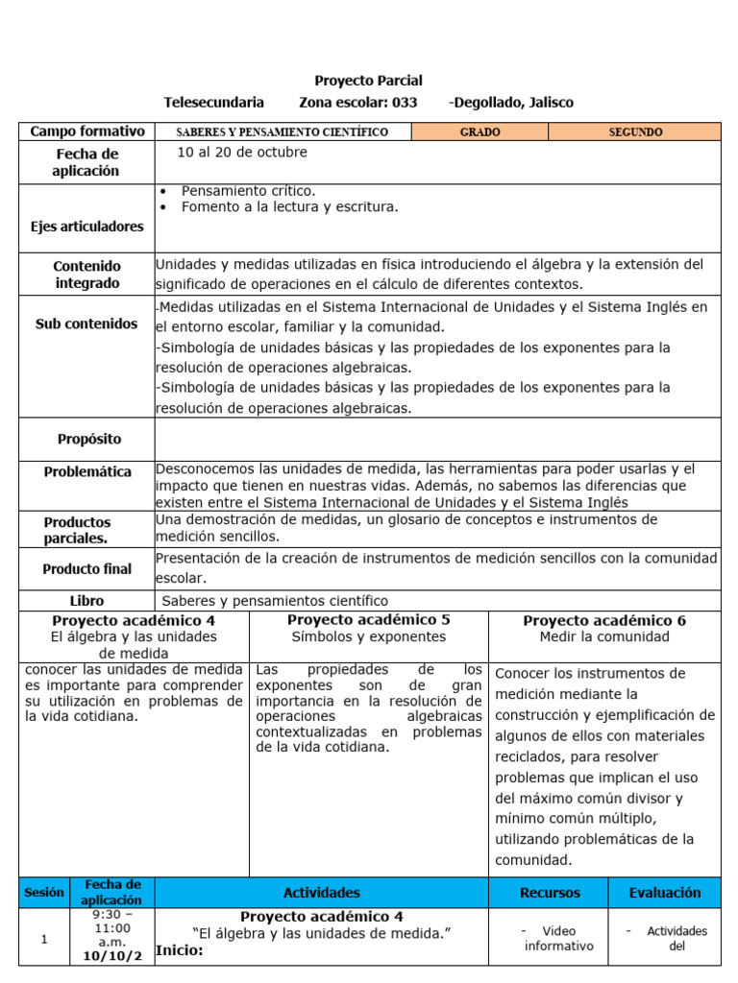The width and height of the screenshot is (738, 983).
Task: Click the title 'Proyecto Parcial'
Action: pos(368,81)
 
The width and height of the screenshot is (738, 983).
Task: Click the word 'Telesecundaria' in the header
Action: pos(213,103)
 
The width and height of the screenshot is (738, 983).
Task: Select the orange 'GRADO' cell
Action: pos(480,132)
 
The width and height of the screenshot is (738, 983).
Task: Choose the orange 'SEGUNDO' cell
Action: pos(635,132)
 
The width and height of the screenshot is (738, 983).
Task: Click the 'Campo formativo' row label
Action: pos(87,132)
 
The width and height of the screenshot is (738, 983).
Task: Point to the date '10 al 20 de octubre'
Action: pos(242,153)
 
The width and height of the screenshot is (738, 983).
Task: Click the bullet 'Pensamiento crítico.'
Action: pos(248,191)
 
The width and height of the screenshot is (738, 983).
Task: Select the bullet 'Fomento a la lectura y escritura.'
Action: pos(289,206)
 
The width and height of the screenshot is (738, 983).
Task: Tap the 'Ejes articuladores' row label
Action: pos(87,227)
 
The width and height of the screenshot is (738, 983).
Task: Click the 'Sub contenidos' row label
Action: pos(87,324)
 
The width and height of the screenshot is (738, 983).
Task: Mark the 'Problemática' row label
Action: pos(87,471)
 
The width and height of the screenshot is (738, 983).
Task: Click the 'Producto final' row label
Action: pos(87,569)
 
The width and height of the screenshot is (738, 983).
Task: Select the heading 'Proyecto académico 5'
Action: pos(368,620)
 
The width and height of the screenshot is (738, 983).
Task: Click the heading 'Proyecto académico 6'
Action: pos(604,621)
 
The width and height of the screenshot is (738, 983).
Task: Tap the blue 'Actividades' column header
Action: pos(322,893)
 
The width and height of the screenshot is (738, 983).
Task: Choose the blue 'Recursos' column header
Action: pos(550,893)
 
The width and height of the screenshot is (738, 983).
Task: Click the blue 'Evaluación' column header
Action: pos(664,893)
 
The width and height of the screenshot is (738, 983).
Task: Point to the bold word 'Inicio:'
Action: pos(180,951)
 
